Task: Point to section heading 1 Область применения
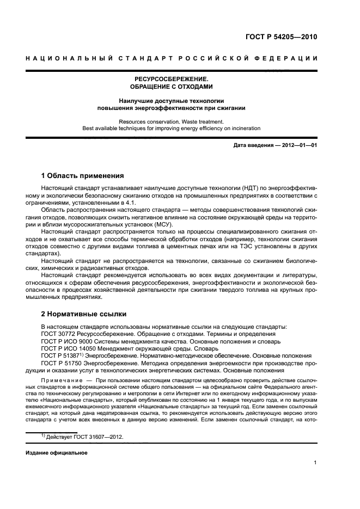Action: click(x=82, y=176)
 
